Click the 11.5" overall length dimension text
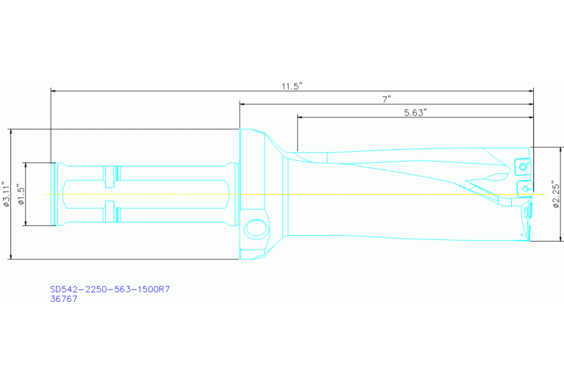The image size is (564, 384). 292,86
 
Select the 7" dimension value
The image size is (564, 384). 387,98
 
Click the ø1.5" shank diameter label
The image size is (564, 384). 21,195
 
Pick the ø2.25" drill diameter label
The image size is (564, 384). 555,195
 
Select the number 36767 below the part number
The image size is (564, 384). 63,299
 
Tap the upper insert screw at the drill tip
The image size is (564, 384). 524,167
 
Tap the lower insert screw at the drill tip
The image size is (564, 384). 524,189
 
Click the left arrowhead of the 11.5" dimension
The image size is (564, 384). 54,91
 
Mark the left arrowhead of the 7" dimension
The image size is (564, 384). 243,104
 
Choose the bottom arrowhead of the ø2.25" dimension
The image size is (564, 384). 560,238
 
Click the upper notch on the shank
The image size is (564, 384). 110,175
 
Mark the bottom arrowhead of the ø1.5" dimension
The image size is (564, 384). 26,223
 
